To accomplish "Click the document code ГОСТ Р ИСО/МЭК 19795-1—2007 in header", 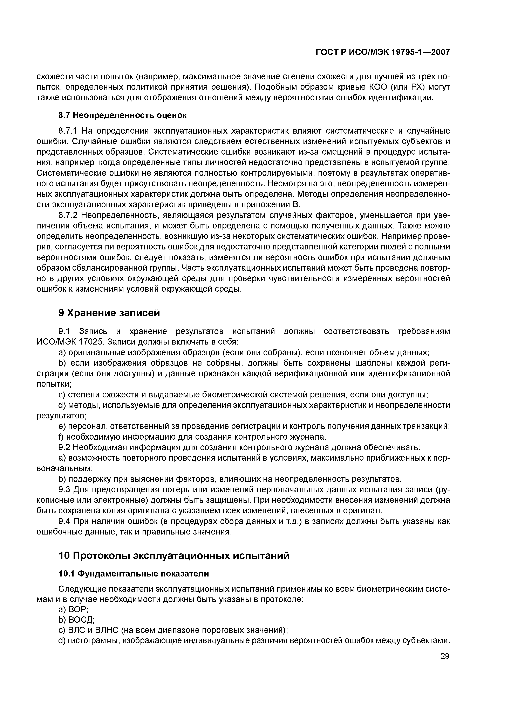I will [383, 52].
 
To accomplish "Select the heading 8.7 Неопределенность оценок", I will [123, 116].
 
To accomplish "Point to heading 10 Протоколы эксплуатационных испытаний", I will [174, 556].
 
